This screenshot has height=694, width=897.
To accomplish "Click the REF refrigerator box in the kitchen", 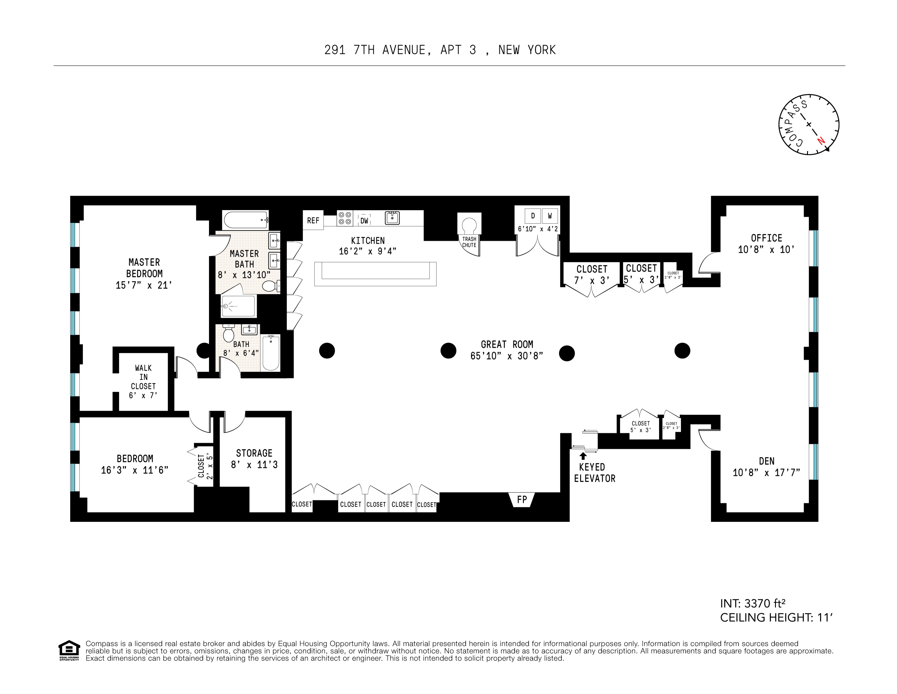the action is point(313,220).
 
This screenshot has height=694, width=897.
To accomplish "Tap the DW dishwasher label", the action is point(364,221).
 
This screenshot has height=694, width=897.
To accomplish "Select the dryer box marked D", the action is point(533,216).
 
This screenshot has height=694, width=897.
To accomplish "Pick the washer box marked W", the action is point(550,216).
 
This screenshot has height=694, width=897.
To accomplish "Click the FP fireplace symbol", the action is point(521,500).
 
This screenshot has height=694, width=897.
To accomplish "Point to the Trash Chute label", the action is point(469,242).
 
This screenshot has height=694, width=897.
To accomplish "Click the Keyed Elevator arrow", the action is point(583,456).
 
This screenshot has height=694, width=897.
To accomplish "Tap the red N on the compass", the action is point(821,141).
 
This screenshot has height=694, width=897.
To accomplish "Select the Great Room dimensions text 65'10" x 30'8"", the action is point(507,356).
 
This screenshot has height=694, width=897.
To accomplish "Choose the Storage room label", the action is point(254,453).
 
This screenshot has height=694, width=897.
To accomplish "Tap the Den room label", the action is point(766,461).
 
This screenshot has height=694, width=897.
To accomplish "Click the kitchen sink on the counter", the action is point(392,218).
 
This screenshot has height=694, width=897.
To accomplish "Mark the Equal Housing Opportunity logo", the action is point(69,650).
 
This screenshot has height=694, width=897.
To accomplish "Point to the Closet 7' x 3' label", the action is point(591,275).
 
